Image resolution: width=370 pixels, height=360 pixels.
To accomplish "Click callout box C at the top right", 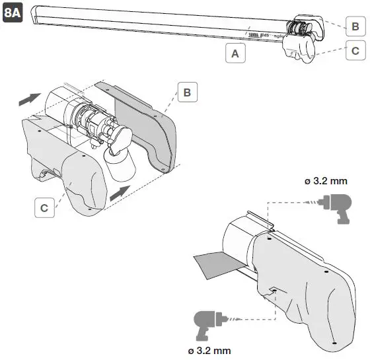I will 355,50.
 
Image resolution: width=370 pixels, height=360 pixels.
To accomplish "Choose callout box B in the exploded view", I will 187,92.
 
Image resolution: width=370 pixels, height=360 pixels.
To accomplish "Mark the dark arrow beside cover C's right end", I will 121,192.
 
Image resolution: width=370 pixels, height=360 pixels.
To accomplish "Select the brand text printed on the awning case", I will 259,29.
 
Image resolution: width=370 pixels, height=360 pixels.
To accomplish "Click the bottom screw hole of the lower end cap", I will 334,342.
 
